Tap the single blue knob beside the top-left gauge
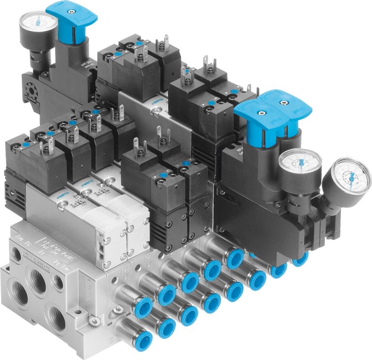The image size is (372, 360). (74, 18)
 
